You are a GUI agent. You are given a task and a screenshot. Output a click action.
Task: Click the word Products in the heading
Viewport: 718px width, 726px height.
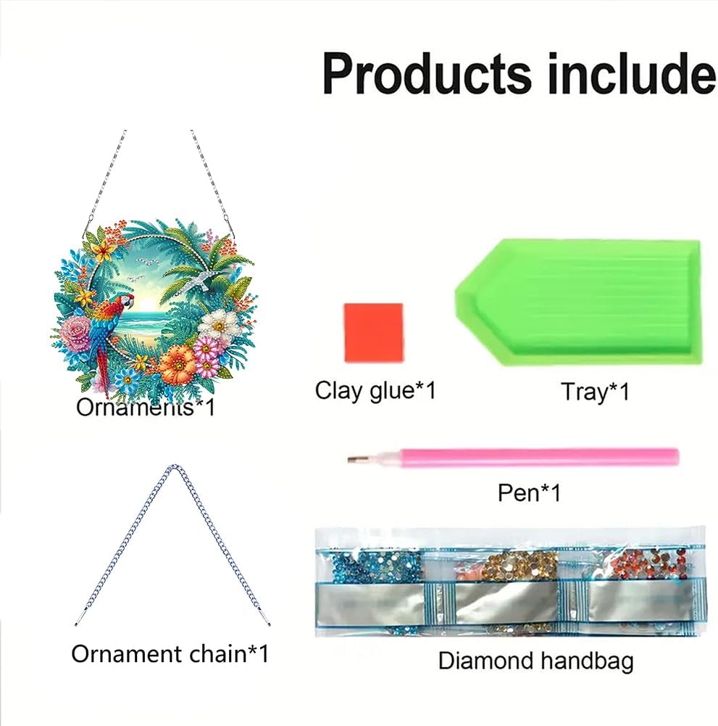426,75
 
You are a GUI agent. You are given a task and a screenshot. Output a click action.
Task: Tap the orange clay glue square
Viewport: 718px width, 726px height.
373,332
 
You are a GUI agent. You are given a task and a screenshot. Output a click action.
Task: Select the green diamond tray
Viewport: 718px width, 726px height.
579,302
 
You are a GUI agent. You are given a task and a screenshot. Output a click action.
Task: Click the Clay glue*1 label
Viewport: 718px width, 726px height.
375,390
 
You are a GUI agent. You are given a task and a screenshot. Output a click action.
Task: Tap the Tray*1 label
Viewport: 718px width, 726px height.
595,392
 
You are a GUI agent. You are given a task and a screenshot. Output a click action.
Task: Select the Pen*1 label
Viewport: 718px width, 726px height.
529,492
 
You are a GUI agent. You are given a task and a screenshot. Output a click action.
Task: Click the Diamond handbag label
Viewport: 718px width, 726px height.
535,660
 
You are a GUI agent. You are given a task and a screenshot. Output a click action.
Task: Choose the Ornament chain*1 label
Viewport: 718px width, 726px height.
170,653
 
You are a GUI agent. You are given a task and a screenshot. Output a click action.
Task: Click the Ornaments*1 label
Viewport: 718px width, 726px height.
146,408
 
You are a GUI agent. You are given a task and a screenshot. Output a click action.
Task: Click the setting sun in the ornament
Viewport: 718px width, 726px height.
147,303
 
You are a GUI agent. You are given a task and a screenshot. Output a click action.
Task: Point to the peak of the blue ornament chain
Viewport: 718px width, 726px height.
173,466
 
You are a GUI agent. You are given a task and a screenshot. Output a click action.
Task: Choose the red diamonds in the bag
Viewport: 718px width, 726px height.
648,563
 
